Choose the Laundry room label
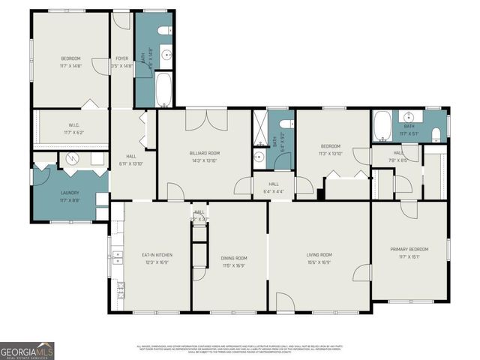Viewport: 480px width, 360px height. click(x=70, y=196)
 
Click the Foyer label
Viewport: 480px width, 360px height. click(x=121, y=58)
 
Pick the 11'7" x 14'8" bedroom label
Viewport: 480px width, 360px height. click(x=70, y=62)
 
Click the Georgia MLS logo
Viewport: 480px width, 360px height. click(x=27, y=350)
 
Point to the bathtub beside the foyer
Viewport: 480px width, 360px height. click(x=163, y=91)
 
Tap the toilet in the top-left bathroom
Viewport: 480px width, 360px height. click(x=165, y=31)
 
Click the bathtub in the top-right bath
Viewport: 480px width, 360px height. click(x=382, y=125)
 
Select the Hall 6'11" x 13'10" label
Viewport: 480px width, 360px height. click(x=125, y=160)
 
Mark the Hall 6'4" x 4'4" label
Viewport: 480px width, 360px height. click(x=274, y=187)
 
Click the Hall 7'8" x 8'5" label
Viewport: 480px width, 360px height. click(x=399, y=156)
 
